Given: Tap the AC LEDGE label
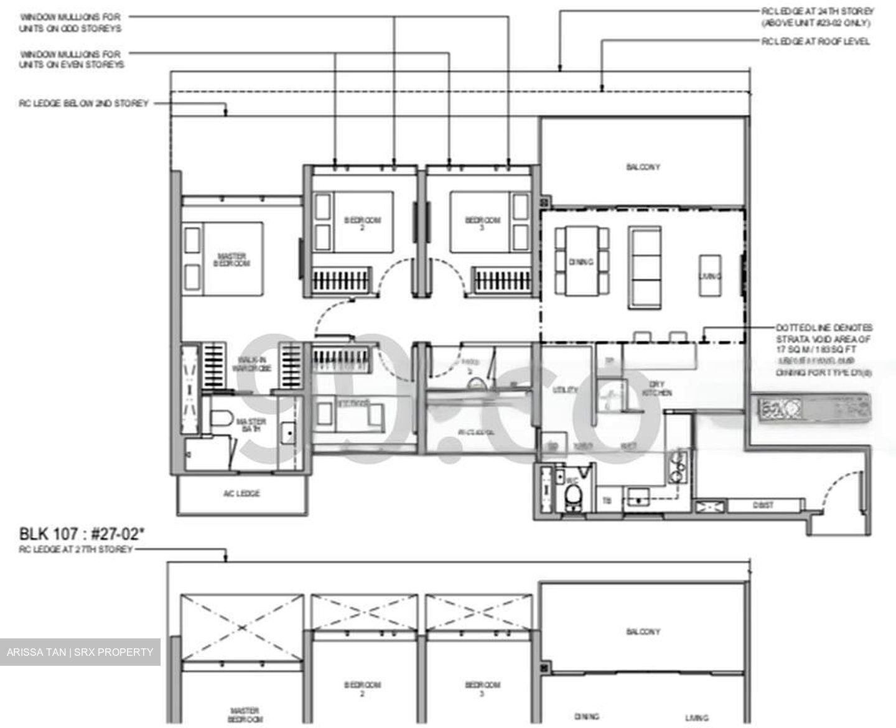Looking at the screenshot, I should coord(241,494).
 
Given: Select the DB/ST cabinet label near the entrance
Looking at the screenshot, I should coord(763,506).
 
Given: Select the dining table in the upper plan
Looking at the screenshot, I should coord(581,261).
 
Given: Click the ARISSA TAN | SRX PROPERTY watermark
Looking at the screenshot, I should coord(80,652).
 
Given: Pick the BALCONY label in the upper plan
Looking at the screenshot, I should coord(643,167).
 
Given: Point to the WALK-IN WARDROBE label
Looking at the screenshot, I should coord(252,364).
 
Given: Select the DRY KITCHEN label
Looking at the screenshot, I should coord(657,388).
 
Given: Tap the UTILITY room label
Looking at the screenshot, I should coord(565,390).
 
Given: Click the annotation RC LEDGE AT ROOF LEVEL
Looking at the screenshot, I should coord(816,42).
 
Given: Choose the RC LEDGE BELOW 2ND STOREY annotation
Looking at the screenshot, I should coord(84,103).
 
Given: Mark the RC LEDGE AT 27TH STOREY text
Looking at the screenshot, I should coord(75,549).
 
